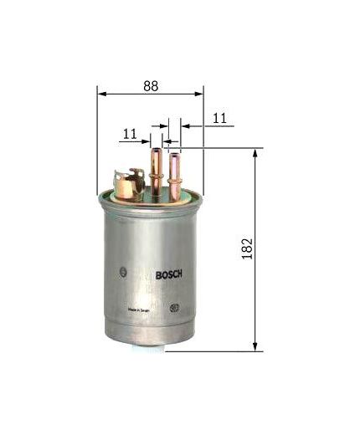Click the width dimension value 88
[x=150, y=84]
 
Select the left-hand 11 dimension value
[x=130, y=133]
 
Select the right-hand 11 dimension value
[x=219, y=120]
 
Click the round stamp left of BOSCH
[x=123, y=271]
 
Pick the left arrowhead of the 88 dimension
[x=100, y=93]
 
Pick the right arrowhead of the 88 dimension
[x=200, y=93]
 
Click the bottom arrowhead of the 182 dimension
[x=253, y=346]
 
